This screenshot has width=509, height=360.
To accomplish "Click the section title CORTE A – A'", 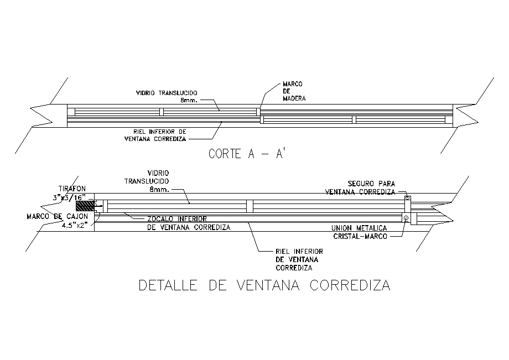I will point(246,154).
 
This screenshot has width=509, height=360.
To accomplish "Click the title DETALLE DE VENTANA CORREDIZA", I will point(264,286).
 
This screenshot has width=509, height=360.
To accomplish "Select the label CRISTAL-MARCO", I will point(360,236).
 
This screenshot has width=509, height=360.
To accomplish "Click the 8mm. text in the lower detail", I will point(159,189).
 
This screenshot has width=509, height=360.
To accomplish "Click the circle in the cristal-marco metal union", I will point(406,218).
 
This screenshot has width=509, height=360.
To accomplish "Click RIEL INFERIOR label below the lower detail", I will point(299,252).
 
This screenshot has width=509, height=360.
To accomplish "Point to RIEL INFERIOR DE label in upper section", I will point(160,132).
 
